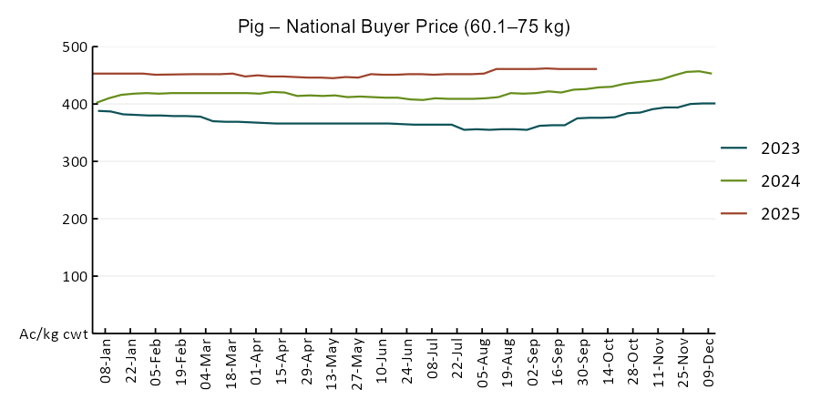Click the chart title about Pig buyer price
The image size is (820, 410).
404,26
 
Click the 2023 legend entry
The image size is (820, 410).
781,149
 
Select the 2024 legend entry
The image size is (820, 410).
781,181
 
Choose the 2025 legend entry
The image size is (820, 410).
781,214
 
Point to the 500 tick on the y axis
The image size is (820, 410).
73,47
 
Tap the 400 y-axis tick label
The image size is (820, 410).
73,105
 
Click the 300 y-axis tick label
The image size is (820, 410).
73,162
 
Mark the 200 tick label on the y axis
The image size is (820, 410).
73,220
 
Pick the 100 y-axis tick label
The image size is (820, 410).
73,277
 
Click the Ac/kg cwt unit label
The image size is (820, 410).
54,334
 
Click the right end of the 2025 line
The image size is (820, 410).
597,68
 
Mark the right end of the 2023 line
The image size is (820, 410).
714,103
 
